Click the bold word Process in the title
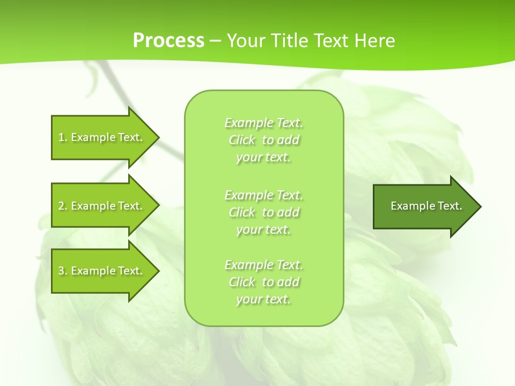pyautogui.click(x=168, y=41)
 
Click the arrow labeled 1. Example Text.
pyautogui.click(x=102, y=137)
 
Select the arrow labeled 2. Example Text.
pyautogui.click(x=102, y=206)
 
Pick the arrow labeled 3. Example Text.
pyautogui.click(x=102, y=271)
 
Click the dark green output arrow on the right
pyautogui.click(x=424, y=206)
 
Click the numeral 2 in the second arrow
pyautogui.click(x=61, y=206)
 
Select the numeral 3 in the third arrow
pyautogui.click(x=61, y=271)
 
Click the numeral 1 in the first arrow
pyautogui.click(x=61, y=137)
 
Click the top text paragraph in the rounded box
pyautogui.click(x=264, y=140)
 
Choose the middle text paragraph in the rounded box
pyautogui.click(x=264, y=212)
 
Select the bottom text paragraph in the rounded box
pyautogui.click(x=264, y=282)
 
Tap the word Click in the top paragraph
pyautogui.click(x=242, y=140)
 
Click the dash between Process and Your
pyautogui.click(x=216, y=41)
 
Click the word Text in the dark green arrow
pyautogui.click(x=449, y=206)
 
